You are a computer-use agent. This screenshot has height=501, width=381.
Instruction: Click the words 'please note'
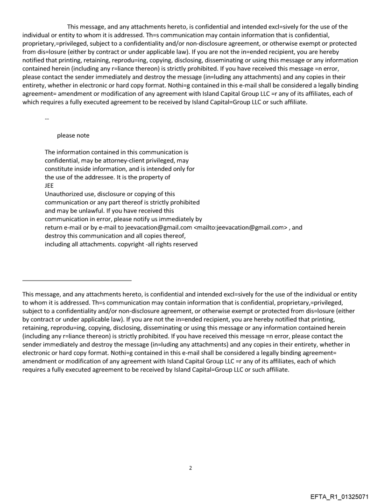coord(73,135)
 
